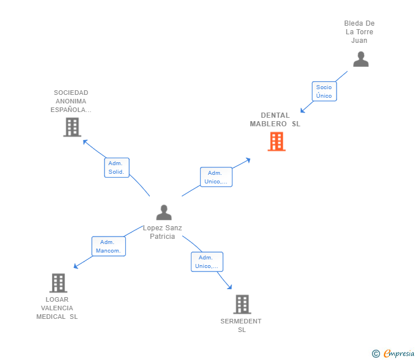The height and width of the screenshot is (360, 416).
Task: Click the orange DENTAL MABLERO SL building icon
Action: pyautogui.click(x=277, y=142)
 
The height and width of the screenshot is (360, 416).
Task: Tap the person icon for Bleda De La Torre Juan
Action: pyautogui.click(x=361, y=59)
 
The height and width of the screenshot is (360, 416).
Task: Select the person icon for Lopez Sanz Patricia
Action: pyautogui.click(x=164, y=213)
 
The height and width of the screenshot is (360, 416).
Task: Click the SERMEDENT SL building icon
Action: pyautogui.click(x=242, y=305)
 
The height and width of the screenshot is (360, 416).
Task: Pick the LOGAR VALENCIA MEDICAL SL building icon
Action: pyautogui.click(x=58, y=283)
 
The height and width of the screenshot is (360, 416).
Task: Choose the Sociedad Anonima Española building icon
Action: pyautogui.click(x=72, y=127)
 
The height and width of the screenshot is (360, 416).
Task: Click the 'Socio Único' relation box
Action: pyautogui.click(x=324, y=91)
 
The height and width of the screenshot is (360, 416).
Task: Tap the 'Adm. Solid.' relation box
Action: pyautogui.click(x=117, y=167)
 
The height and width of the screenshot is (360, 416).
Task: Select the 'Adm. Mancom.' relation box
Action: pyautogui.click(x=108, y=246)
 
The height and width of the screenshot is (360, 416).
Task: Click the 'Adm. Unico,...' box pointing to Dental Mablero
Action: pyautogui.click(x=216, y=177)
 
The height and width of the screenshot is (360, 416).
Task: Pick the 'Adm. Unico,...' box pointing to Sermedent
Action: pyautogui.click(x=207, y=262)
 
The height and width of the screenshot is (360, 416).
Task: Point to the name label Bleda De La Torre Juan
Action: pyautogui.click(x=359, y=32)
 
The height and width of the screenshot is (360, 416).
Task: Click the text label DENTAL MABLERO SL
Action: pyautogui.click(x=275, y=119)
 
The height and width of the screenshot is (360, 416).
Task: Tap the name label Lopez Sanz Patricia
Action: pyautogui.click(x=163, y=232)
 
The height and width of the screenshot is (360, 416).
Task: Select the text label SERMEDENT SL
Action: pyautogui.click(x=241, y=325)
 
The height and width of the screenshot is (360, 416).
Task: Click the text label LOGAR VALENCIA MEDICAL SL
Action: pyautogui.click(x=57, y=308)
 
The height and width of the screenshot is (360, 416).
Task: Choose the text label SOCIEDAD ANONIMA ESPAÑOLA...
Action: pyautogui.click(x=71, y=101)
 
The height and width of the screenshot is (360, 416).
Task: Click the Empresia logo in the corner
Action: pyautogui.click(x=394, y=354)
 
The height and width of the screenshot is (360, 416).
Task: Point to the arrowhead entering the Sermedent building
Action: pyautogui.click(x=230, y=287)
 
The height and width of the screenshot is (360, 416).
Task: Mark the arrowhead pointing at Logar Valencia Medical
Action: pyautogui.click(x=76, y=266)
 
